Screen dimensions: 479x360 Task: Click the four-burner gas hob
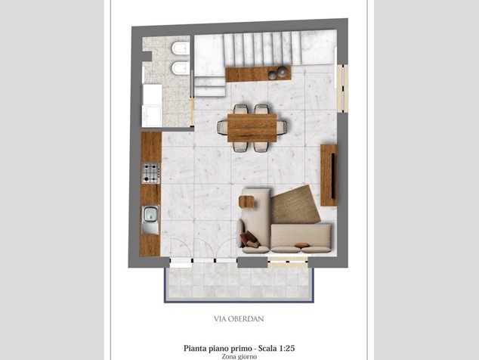pyautogui.click(x=151, y=173)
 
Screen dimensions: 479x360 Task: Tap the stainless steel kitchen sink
pyautogui.click(x=150, y=219)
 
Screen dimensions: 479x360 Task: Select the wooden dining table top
pyautogui.click(x=252, y=128)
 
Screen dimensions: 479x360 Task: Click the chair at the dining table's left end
pyautogui.click(x=222, y=127)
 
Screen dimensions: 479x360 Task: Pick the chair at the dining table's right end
pyautogui.click(x=282, y=127)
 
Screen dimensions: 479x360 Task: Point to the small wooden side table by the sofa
pyautogui.click(x=247, y=202)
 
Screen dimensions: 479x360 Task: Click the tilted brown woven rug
pyautogui.click(x=295, y=204)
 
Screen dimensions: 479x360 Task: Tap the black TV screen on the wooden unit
pyautogui.click(x=333, y=176)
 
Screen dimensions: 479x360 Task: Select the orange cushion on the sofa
pyautogui.click(x=301, y=245)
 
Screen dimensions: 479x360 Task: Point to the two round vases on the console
pyautogui.click(x=278, y=72)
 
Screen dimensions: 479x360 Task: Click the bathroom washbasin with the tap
pyautogui.click(x=152, y=116)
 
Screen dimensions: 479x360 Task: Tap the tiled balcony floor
pyautogui.click(x=239, y=283)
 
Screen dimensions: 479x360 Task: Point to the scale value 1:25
pyautogui.click(x=286, y=348)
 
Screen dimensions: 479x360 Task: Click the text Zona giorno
pyautogui.click(x=239, y=357)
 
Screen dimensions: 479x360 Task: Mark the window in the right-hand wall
pyautogui.click(x=342, y=88)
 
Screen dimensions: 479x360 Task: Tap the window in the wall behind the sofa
pyautogui.click(x=288, y=262)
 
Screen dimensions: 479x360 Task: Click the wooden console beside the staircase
pyautogui.click(x=258, y=73)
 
